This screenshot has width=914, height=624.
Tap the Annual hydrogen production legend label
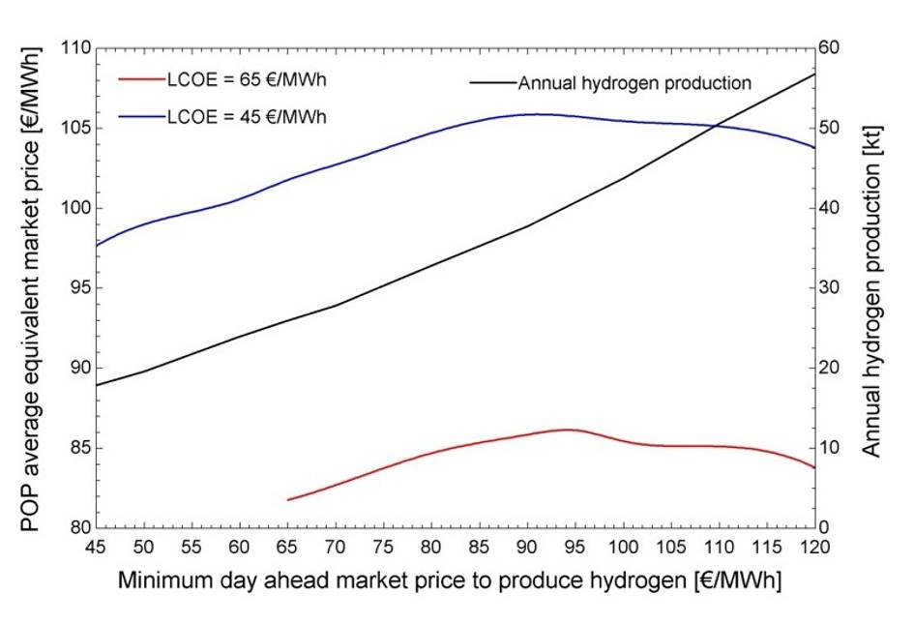[x=634, y=82]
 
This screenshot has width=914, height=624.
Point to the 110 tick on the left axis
[x=76, y=48]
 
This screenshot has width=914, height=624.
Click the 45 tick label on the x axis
[x=96, y=547]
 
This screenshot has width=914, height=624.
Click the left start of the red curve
[x=288, y=500]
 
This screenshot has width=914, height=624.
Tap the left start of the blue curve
[x=97, y=246]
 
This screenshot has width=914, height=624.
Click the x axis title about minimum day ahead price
[x=450, y=581]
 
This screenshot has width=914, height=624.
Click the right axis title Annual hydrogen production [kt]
[x=872, y=287]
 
